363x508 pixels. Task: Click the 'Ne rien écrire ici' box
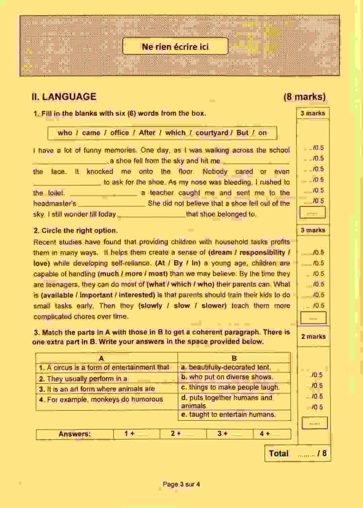click(175, 46)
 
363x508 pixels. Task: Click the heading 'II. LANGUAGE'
click(64, 96)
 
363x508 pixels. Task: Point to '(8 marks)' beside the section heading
click(304, 97)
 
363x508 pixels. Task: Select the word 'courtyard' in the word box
click(212, 133)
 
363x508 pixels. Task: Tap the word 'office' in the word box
click(119, 133)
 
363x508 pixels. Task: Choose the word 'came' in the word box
click(91, 133)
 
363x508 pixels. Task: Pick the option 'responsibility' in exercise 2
click(262, 253)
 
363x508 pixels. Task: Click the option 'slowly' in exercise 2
click(152, 306)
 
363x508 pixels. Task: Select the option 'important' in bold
click(96, 295)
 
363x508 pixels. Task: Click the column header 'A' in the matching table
click(101, 358)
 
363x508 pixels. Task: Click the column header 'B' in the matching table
click(234, 358)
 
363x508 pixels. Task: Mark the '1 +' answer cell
click(136, 434)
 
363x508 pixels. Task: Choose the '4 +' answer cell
click(272, 434)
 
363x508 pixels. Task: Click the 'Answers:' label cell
click(75, 434)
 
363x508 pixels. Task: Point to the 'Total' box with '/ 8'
click(297, 453)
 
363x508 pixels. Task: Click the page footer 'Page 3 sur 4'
click(181, 484)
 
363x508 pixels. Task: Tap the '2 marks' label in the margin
click(313, 336)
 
